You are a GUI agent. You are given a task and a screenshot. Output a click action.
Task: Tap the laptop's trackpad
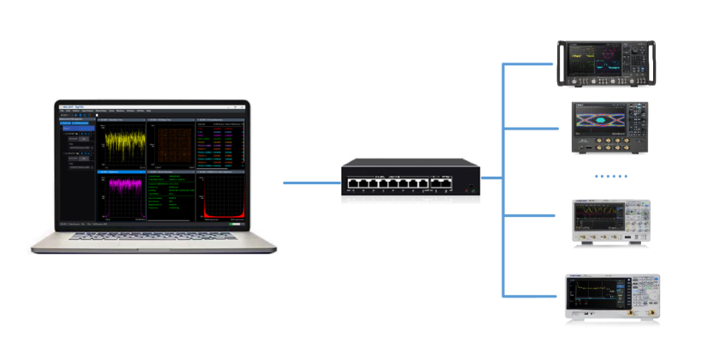click(155, 245)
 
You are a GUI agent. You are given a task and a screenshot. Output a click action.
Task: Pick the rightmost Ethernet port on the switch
click(447, 182)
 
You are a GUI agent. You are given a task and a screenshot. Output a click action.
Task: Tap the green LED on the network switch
click(468, 185)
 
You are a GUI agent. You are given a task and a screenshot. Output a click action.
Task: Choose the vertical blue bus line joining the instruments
click(502, 180)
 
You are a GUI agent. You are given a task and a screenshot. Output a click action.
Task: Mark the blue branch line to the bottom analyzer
click(531, 296)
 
